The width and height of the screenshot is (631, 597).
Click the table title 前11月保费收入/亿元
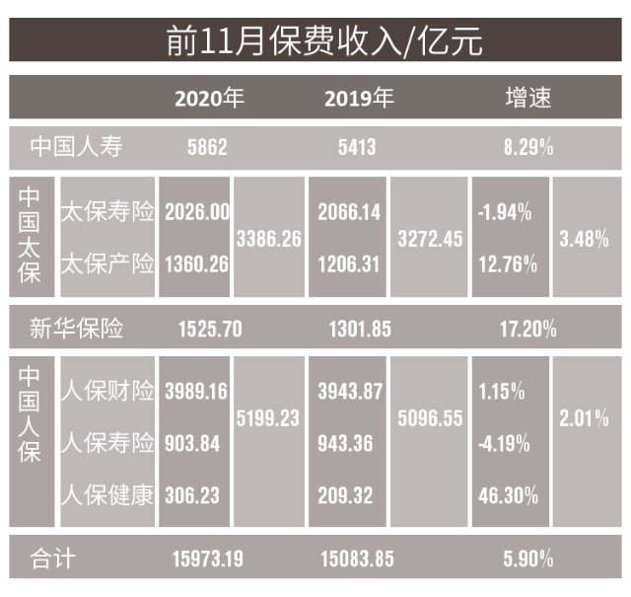click(324, 40)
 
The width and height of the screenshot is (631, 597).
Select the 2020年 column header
click(209, 98)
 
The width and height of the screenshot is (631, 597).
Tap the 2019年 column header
click(359, 98)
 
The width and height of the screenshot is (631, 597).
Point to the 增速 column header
click(528, 98)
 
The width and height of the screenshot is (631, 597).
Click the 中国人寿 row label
click(77, 146)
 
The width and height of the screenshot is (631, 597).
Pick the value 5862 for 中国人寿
click(207, 147)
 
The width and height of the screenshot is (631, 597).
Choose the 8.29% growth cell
click(528, 147)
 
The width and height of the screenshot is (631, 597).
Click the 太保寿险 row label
click(107, 211)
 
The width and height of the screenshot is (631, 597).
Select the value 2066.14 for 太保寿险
click(349, 212)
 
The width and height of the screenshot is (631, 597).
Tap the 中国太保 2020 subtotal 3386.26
click(269, 239)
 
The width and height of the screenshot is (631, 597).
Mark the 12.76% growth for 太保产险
click(508, 264)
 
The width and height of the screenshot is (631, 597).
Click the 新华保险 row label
click(77, 329)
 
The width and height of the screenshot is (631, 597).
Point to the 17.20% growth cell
click(528, 330)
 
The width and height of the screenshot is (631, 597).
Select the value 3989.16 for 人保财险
click(196, 391)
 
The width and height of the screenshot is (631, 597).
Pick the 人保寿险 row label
click(107, 442)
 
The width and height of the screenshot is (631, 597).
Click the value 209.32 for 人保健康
click(345, 495)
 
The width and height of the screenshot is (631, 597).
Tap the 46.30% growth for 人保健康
click(509, 495)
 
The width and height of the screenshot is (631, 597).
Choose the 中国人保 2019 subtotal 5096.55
click(430, 418)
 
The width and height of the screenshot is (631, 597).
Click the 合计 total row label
click(52, 559)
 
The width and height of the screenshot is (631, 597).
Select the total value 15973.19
click(208, 560)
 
